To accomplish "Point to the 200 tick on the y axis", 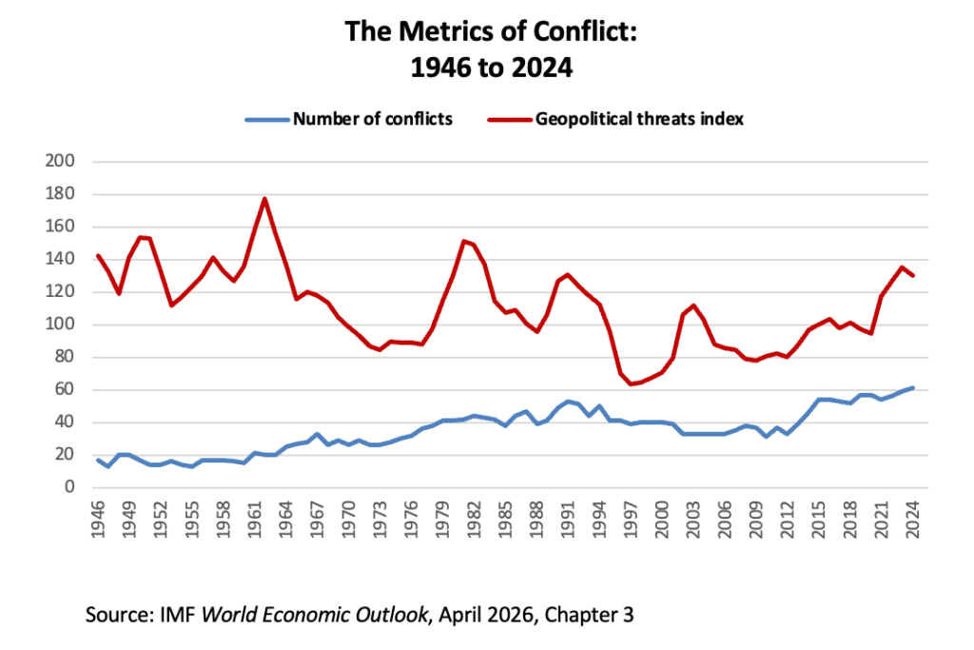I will pyautogui.click(x=60, y=162).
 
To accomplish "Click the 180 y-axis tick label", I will pyautogui.click(x=60, y=194).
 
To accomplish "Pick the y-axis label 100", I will pyautogui.click(x=60, y=325).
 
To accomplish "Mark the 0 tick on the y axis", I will pyautogui.click(x=68, y=487).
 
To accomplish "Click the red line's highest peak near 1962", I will pyautogui.click(x=264, y=199).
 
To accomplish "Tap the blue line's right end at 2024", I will pyautogui.click(x=913, y=387).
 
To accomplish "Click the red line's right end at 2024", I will pyautogui.click(x=913, y=276).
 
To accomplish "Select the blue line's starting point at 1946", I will pyautogui.click(x=98, y=460).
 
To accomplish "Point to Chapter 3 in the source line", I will pyautogui.click(x=594, y=615).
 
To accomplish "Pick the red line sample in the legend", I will pyautogui.click(x=508, y=119).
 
